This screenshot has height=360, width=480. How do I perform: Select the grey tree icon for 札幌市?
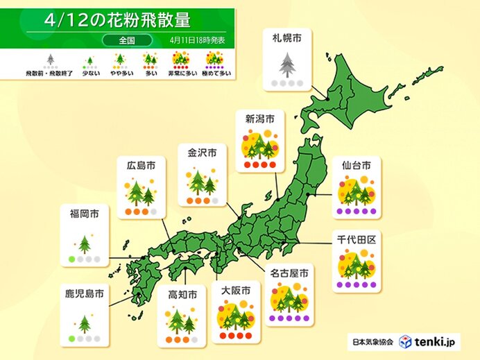coord(285,65)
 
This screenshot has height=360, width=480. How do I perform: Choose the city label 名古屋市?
coord(291,272)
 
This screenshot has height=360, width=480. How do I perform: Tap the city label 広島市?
coord(141,166)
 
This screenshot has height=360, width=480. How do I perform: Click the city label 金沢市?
coord(201,151)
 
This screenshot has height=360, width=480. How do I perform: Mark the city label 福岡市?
coord(84,214)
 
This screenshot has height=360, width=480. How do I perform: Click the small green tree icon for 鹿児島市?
coord(85,324)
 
